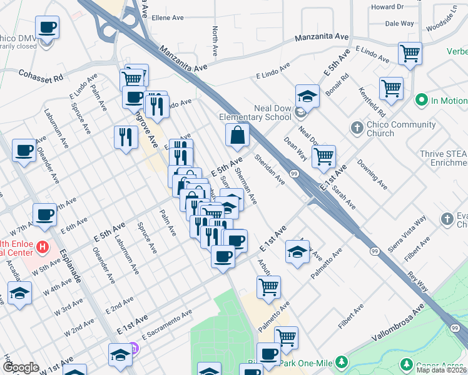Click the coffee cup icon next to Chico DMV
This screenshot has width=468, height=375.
[47, 27]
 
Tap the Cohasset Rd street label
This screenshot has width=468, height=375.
[41, 78]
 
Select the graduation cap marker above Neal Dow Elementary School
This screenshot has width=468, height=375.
[307, 96]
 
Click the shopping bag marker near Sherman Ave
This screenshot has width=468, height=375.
[238, 135]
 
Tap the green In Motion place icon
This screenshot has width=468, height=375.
[422, 100]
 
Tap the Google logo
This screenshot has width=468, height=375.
[21, 368]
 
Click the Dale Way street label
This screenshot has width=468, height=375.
[399, 23]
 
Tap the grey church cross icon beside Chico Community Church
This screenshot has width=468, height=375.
[357, 129]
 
